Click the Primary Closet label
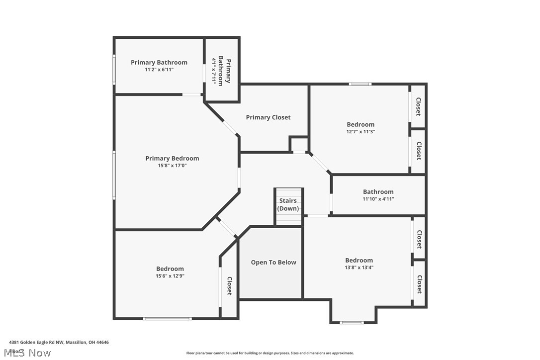coord(268,117)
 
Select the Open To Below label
coord(273,263)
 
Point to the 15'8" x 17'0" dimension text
coord(172,166)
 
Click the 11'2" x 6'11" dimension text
coord(159,70)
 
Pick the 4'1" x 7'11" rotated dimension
coord(215,71)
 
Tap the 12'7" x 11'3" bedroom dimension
coord(360,132)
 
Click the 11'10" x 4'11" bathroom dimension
coord(378,199)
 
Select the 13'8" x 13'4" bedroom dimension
coord(359,268)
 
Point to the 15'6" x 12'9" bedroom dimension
coord(170,276)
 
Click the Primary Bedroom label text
coord(172,158)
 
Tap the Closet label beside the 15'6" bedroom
coord(230,286)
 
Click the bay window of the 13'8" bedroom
coord(352,323)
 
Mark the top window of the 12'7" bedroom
coord(360,84)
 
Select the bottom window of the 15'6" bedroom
coord(167,318)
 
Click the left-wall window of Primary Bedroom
coord(114,175)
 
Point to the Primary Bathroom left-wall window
coord(114,70)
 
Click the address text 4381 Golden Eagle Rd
coord(59,342)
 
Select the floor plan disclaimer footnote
coord(270,353)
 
